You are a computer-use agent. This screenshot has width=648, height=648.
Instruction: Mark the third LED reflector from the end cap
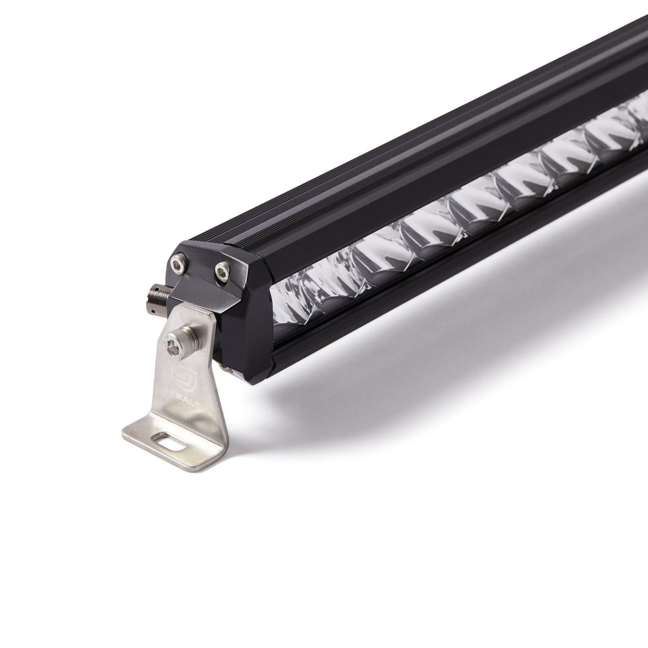tap(378, 248)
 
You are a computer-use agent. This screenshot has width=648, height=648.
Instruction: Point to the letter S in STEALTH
tap(167, 387)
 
